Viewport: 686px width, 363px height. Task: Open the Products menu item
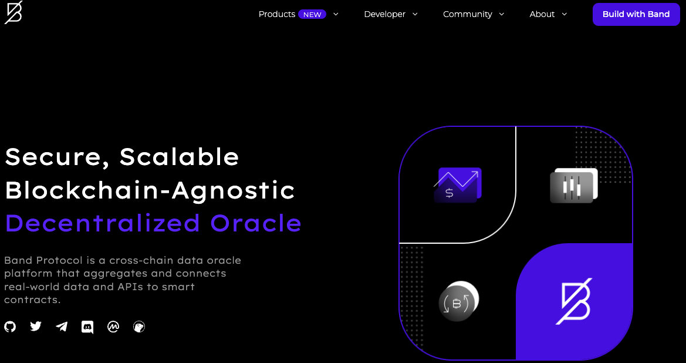pyautogui.click(x=277, y=14)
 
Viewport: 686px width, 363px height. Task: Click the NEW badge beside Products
pyautogui.click(x=312, y=15)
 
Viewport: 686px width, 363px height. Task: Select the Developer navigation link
pyautogui.click(x=384, y=14)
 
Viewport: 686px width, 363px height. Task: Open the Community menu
pyautogui.click(x=467, y=14)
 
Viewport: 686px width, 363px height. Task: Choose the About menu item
pyautogui.click(x=542, y=14)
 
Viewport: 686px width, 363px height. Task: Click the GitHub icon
pyautogui.click(x=10, y=327)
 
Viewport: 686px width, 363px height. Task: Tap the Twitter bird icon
pyautogui.click(x=36, y=327)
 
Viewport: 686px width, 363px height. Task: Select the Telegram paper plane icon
pyautogui.click(x=62, y=327)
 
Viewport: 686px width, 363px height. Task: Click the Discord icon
pyautogui.click(x=87, y=327)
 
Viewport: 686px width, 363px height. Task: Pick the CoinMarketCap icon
pyautogui.click(x=113, y=327)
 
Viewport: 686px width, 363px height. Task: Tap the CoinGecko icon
pyautogui.click(x=139, y=327)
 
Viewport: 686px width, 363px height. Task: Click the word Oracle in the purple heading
pyautogui.click(x=256, y=223)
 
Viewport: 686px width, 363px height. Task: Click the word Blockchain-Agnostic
pyautogui.click(x=150, y=190)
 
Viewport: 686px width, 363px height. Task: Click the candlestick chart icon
pyautogui.click(x=573, y=185)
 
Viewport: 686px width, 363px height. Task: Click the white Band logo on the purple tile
pyautogui.click(x=574, y=301)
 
